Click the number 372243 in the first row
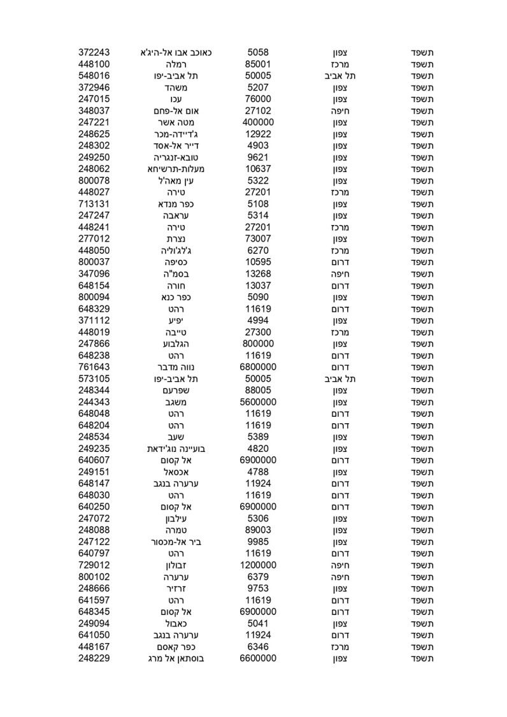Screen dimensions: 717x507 (x=94, y=52)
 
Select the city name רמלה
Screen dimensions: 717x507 (x=175, y=64)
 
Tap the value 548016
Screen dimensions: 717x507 (x=94, y=76)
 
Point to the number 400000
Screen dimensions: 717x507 (x=258, y=122)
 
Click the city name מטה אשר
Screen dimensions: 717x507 (x=175, y=122)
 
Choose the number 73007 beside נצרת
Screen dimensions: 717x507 (x=258, y=239)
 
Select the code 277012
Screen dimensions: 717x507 (x=94, y=239)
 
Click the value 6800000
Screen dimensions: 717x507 (x=258, y=367)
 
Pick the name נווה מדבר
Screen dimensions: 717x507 (x=175, y=367)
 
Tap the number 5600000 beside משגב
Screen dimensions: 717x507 (x=258, y=402)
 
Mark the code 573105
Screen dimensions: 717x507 (x=94, y=379)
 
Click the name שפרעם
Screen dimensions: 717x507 (x=175, y=390)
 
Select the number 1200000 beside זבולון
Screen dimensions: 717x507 (x=258, y=565)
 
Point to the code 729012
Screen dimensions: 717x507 (x=94, y=565)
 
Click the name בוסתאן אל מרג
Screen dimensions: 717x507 (x=175, y=658)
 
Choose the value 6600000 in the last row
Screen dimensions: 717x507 (x=258, y=658)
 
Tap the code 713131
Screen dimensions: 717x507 (x=94, y=204)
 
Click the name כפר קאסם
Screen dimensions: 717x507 (x=175, y=647)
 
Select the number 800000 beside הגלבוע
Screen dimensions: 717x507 (x=258, y=344)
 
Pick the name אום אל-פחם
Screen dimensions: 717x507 (x=175, y=111)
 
